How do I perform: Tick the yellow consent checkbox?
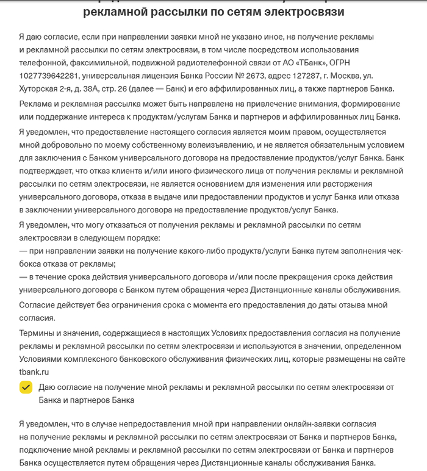[x=26, y=388]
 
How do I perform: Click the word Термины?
[x=37, y=333]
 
